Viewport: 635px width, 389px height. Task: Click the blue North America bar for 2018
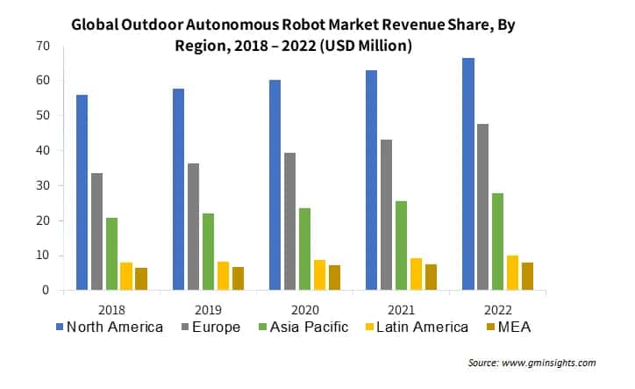[82, 192]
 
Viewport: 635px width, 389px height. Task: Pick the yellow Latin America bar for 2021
[416, 274]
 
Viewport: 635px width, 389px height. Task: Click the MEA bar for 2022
[528, 276]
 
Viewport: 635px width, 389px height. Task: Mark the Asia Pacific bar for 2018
[111, 254]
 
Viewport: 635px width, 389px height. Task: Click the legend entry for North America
[109, 327]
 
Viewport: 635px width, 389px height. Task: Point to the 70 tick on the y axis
[42, 46]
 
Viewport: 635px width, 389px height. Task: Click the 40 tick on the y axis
[42, 150]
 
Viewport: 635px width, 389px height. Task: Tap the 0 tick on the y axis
[46, 291]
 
